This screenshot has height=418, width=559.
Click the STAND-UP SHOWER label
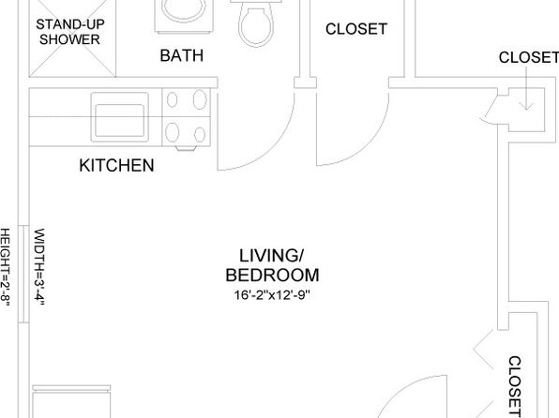[69, 32]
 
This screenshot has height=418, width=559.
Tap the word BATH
[182, 55]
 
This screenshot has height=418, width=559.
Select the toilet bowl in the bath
[257, 27]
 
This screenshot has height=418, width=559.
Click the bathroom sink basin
[184, 9]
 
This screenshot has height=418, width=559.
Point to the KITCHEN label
[116, 165]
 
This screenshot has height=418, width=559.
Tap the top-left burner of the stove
[173, 99]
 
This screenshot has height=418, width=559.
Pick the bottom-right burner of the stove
[200, 135]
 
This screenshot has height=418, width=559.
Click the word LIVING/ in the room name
[271, 256]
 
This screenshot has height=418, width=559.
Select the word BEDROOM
[272, 276]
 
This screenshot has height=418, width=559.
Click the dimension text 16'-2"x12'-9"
[272, 295]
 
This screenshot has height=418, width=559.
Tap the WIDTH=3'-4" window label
[39, 267]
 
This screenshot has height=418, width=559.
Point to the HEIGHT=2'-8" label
[5, 267]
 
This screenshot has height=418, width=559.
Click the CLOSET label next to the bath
[356, 29]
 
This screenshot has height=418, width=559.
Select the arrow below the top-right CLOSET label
[526, 88]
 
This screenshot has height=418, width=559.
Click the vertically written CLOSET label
[515, 386]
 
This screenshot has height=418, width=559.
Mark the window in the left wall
[23, 274]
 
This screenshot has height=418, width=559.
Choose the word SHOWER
[69, 39]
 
